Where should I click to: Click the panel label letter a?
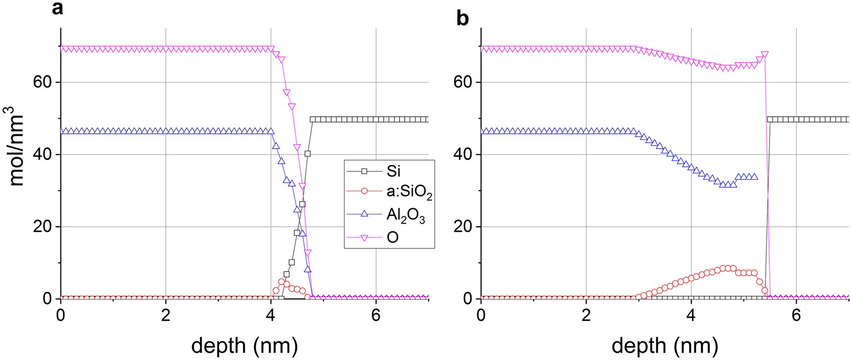coord(58,9)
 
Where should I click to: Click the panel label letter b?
coord(463,19)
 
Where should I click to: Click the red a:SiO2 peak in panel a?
coord(281,282)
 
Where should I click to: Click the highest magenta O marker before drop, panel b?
coord(765,55)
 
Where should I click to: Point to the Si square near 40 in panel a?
coord(308,153)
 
